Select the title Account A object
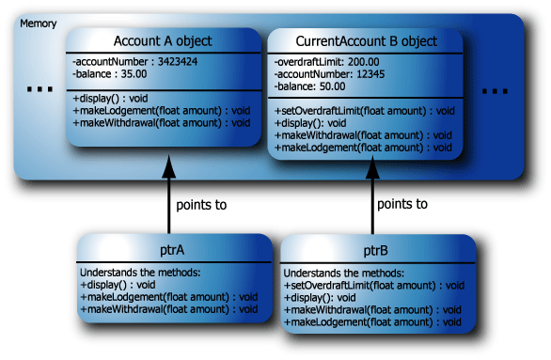[162, 40]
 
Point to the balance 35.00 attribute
[105, 74]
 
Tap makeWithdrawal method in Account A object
[161, 122]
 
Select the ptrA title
[168, 250]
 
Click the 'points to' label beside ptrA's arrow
[200, 204]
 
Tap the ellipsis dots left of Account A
[39, 90]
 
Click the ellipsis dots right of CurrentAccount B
[495, 91]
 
